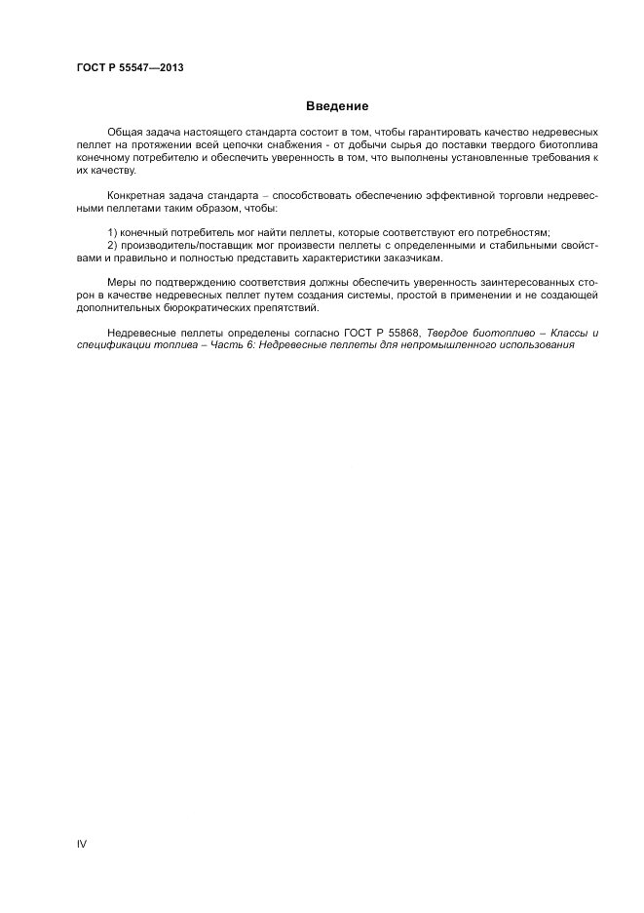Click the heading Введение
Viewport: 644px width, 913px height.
tap(337, 105)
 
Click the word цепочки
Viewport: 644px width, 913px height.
tap(238, 143)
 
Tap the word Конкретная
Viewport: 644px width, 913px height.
tap(139, 195)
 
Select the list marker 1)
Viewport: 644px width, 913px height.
tap(112, 232)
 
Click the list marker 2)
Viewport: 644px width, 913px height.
tap(112, 246)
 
